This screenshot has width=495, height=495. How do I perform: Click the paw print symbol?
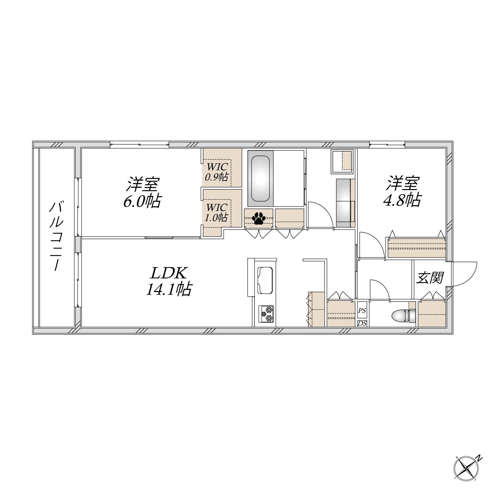click(259, 218)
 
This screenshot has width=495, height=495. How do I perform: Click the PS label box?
click(362, 311)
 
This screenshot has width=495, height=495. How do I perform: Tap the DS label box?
click(362, 323)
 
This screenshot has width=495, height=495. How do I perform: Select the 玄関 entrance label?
click(429, 278)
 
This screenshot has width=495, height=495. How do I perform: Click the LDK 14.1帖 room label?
click(168, 281)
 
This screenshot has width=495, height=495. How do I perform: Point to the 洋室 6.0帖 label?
click(142, 193)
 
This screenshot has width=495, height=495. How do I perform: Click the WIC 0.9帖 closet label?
click(216, 172)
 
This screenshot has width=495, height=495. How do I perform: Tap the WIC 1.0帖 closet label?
click(216, 213)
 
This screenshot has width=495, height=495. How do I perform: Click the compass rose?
click(467, 468)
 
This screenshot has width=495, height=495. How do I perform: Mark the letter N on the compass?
click(479, 458)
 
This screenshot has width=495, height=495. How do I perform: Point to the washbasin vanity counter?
click(345, 203)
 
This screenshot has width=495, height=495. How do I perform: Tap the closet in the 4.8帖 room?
click(416, 247)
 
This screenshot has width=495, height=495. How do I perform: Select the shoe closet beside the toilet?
click(432, 313)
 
